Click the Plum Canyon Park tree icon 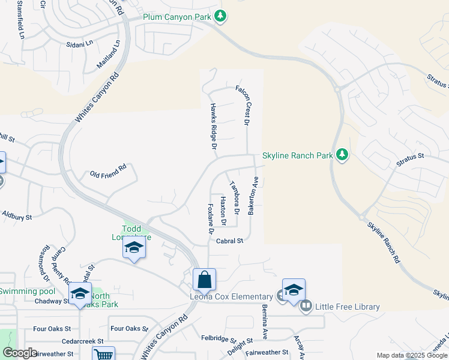(x=220, y=17)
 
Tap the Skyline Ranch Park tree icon (x=342, y=155)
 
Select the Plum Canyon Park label (x=176, y=17)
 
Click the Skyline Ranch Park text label (x=298, y=155)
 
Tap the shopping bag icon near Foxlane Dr (x=204, y=280)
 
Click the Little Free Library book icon (x=306, y=307)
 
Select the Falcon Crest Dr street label (x=246, y=105)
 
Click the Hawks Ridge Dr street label (x=212, y=125)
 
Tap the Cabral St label (x=229, y=241)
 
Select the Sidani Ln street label (x=80, y=43)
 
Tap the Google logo (x=19, y=352)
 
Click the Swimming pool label (x=26, y=292)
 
